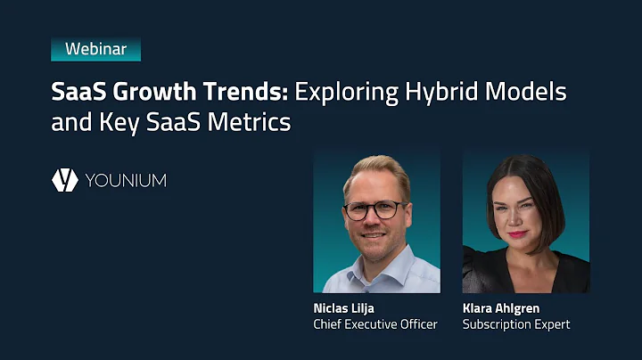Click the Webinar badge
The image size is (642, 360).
[x=95, y=49]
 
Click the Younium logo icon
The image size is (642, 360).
[x=64, y=180]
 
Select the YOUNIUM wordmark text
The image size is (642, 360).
[x=126, y=181]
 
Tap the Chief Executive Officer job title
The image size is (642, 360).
[x=375, y=324]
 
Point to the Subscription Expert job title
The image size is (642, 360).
[x=516, y=324]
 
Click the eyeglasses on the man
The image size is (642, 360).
[x=374, y=210]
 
